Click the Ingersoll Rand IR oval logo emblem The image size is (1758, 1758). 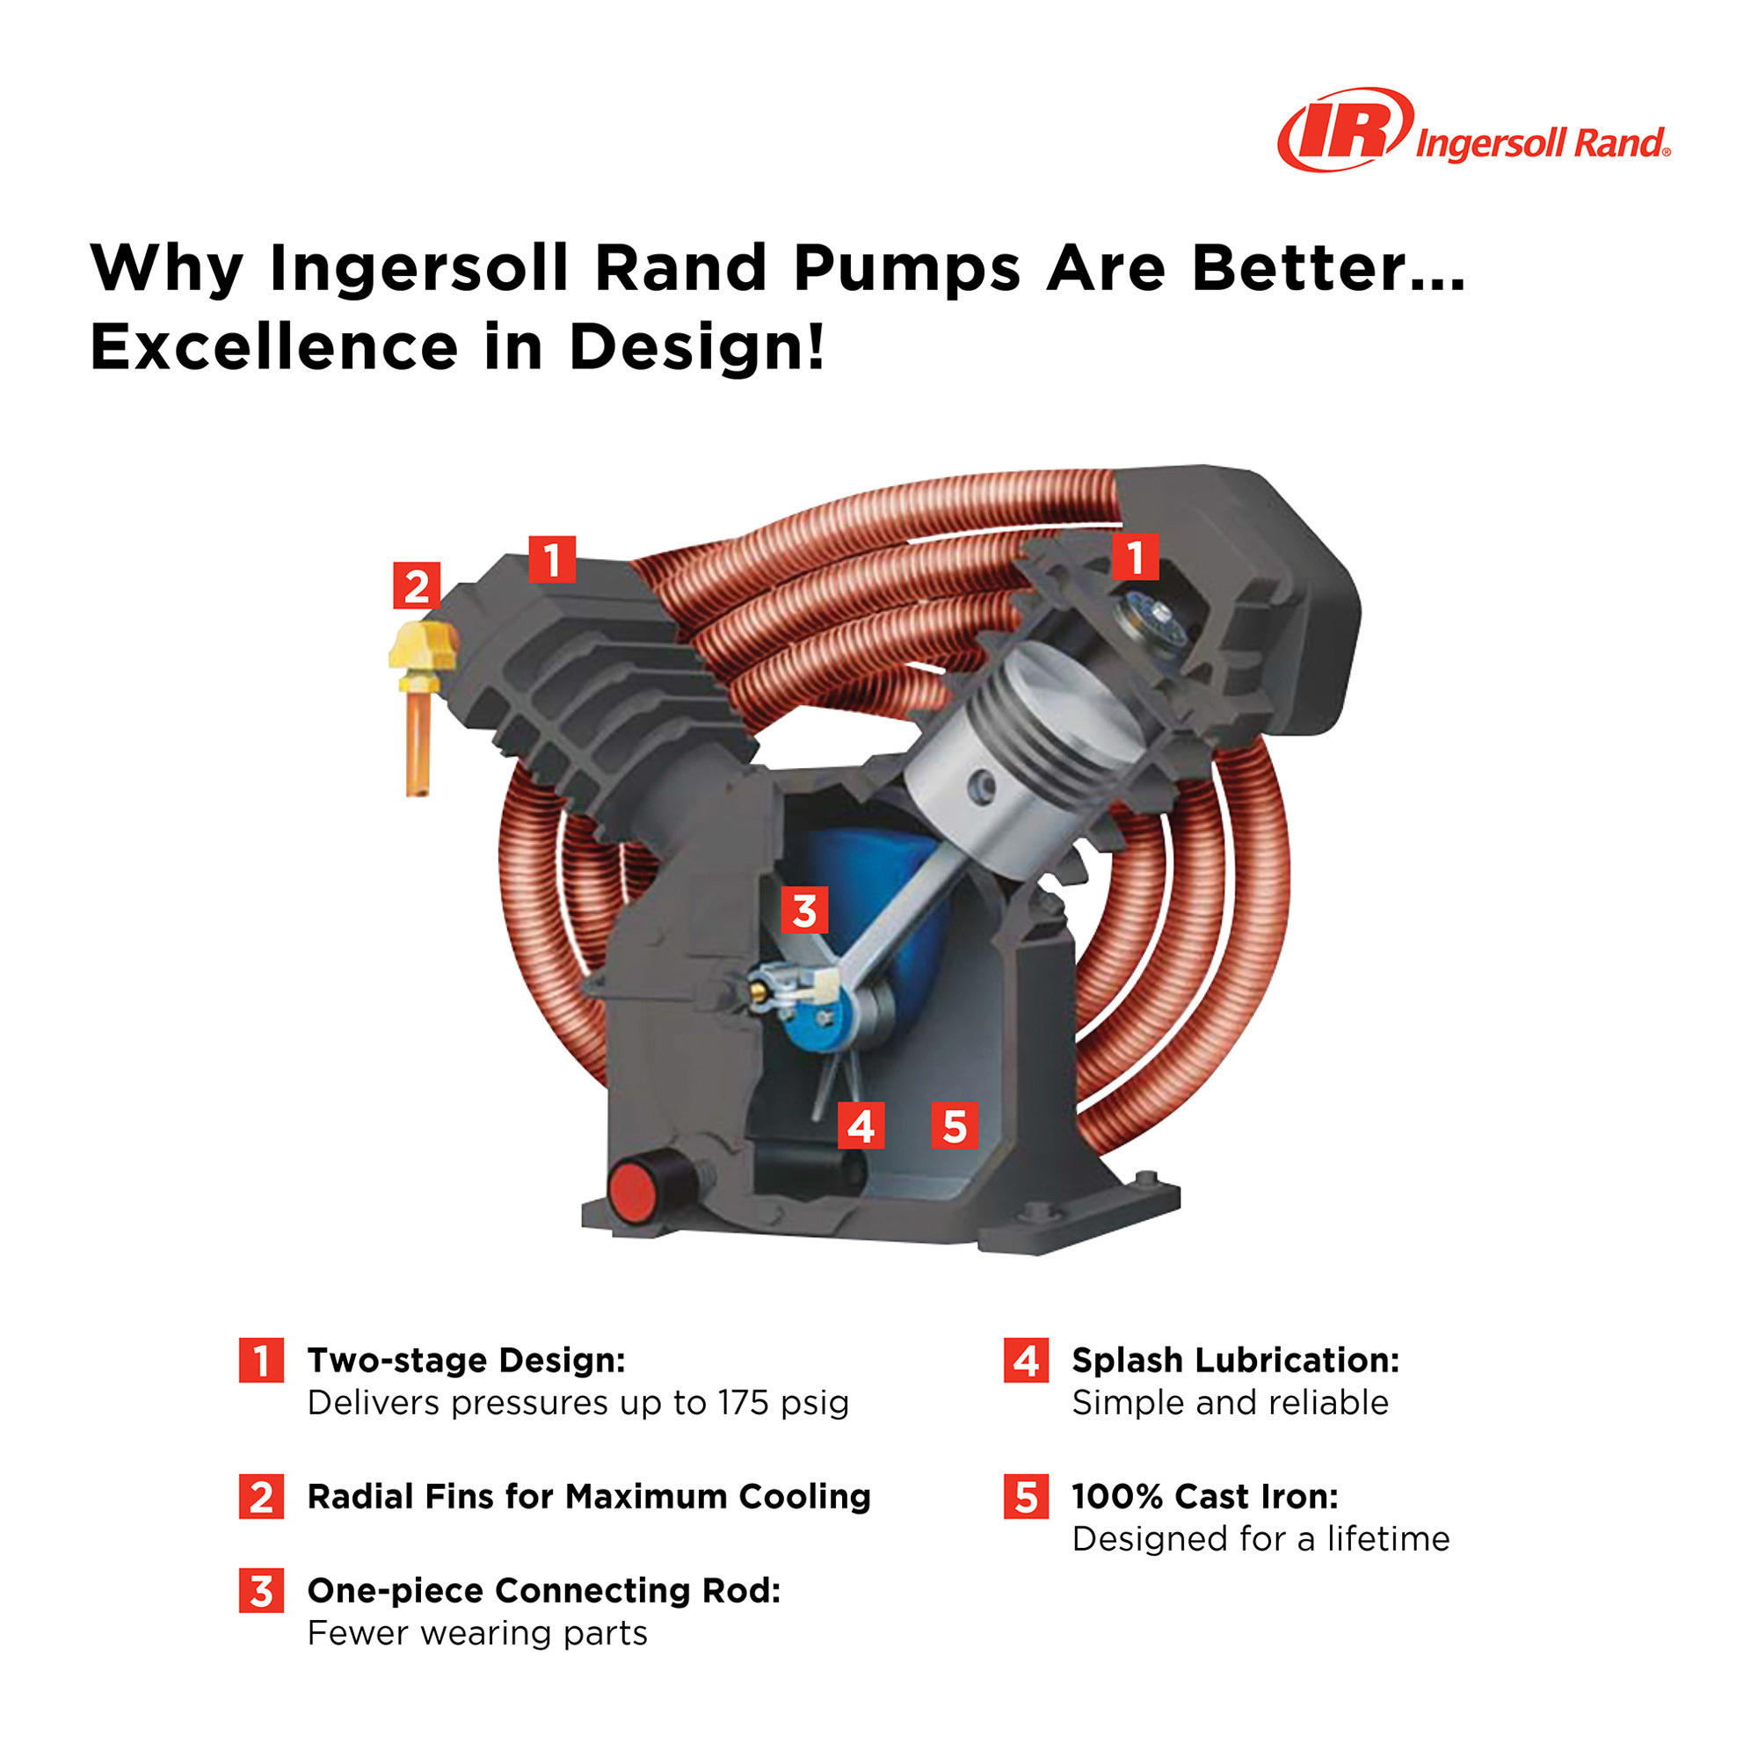pyautogui.click(x=1345, y=129)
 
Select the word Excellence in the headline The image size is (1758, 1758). pyautogui.click(x=273, y=347)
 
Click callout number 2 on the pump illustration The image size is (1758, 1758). pyautogui.click(x=416, y=586)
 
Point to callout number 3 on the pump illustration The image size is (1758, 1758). pyautogui.click(x=804, y=910)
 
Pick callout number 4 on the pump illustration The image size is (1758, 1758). pyautogui.click(x=861, y=1127)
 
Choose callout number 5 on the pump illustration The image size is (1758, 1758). pyautogui.click(x=954, y=1127)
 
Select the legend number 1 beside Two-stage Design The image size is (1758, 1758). pyautogui.click(x=261, y=1361)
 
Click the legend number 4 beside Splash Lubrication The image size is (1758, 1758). pyautogui.click(x=1026, y=1361)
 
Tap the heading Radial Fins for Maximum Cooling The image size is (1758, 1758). pyautogui.click(x=589, y=1497)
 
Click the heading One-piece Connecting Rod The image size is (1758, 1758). pyautogui.click(x=544, y=1591)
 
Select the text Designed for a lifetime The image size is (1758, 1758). pyautogui.click(x=1260, y=1540)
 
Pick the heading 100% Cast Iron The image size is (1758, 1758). pyautogui.click(x=1205, y=1497)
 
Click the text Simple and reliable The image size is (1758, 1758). pyautogui.click(x=1230, y=1403)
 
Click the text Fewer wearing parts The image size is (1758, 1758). pyautogui.click(x=476, y=1633)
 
